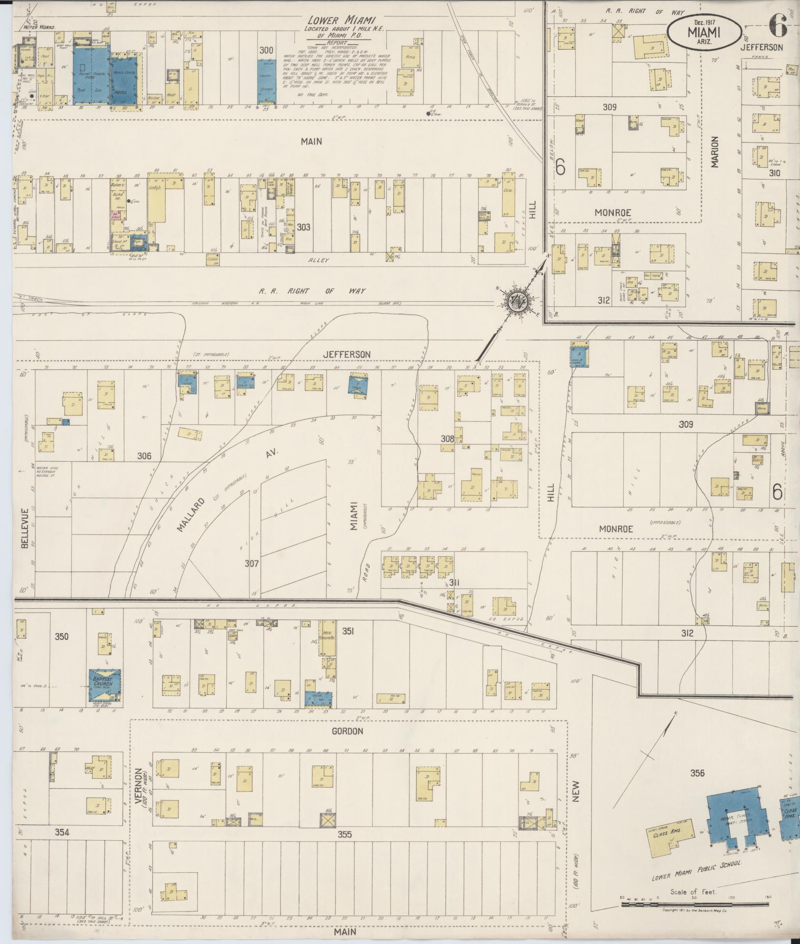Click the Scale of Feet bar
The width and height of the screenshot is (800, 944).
point(694,903)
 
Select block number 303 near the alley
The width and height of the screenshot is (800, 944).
point(304,227)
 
